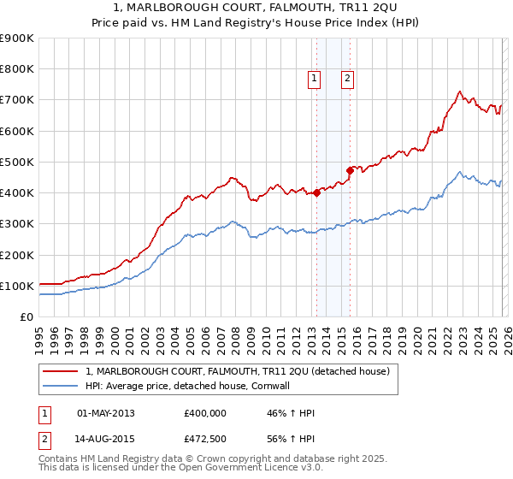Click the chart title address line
point(256,8)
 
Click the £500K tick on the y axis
point(16,162)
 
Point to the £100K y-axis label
point(16,286)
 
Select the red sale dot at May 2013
point(316,192)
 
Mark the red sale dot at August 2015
point(350,170)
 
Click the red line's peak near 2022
point(459,92)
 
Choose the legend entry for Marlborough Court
point(238,371)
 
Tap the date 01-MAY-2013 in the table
point(106,413)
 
